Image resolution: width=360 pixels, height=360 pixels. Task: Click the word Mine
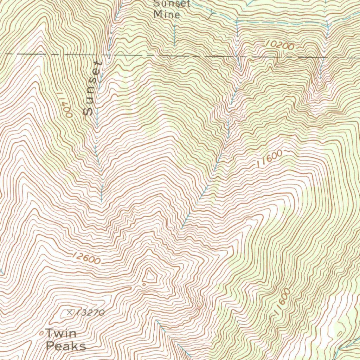tap(167, 15)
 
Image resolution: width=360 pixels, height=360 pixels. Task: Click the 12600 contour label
tap(86, 258)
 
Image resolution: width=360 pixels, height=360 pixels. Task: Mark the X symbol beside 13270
tap(69, 311)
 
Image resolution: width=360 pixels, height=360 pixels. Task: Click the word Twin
tap(61, 333)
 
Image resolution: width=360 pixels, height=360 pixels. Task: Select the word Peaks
tap(66, 346)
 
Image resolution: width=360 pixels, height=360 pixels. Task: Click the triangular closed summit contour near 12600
tap(151, 276)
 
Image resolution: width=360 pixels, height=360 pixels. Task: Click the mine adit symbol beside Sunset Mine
tap(211, 15)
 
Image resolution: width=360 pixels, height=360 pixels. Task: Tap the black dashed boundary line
tap(176, 56)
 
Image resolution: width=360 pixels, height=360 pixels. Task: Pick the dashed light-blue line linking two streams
tap(281, 22)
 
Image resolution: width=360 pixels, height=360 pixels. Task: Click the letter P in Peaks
tap(50, 346)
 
